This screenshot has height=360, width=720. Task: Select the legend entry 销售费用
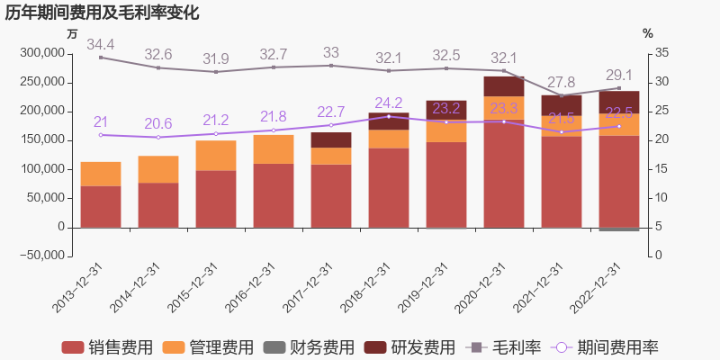click(x=107, y=347)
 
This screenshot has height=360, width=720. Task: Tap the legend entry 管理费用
click(x=208, y=347)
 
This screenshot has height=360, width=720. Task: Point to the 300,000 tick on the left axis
click(x=41, y=53)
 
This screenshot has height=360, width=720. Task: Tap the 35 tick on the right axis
click(x=661, y=53)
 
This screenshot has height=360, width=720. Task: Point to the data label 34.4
click(x=101, y=44)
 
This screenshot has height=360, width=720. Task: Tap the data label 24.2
click(x=388, y=103)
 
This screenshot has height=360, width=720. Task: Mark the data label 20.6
click(x=158, y=123)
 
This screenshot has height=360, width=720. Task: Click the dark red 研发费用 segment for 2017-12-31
click(x=331, y=139)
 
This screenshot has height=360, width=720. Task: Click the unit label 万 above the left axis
click(x=72, y=33)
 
